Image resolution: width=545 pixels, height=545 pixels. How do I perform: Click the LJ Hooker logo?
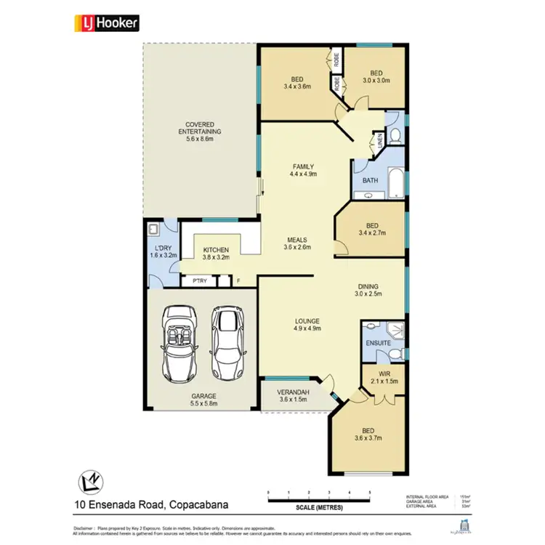107,23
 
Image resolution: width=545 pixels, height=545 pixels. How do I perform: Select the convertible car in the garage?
178,342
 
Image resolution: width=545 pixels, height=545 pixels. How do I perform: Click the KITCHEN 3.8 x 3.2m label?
216,254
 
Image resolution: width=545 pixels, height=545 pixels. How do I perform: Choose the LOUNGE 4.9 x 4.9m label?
307,325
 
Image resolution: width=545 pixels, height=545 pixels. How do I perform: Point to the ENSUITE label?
378,342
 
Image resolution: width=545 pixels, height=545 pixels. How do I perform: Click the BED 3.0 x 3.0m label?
376,77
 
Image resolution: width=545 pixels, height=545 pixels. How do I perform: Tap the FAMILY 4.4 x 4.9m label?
304,171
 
